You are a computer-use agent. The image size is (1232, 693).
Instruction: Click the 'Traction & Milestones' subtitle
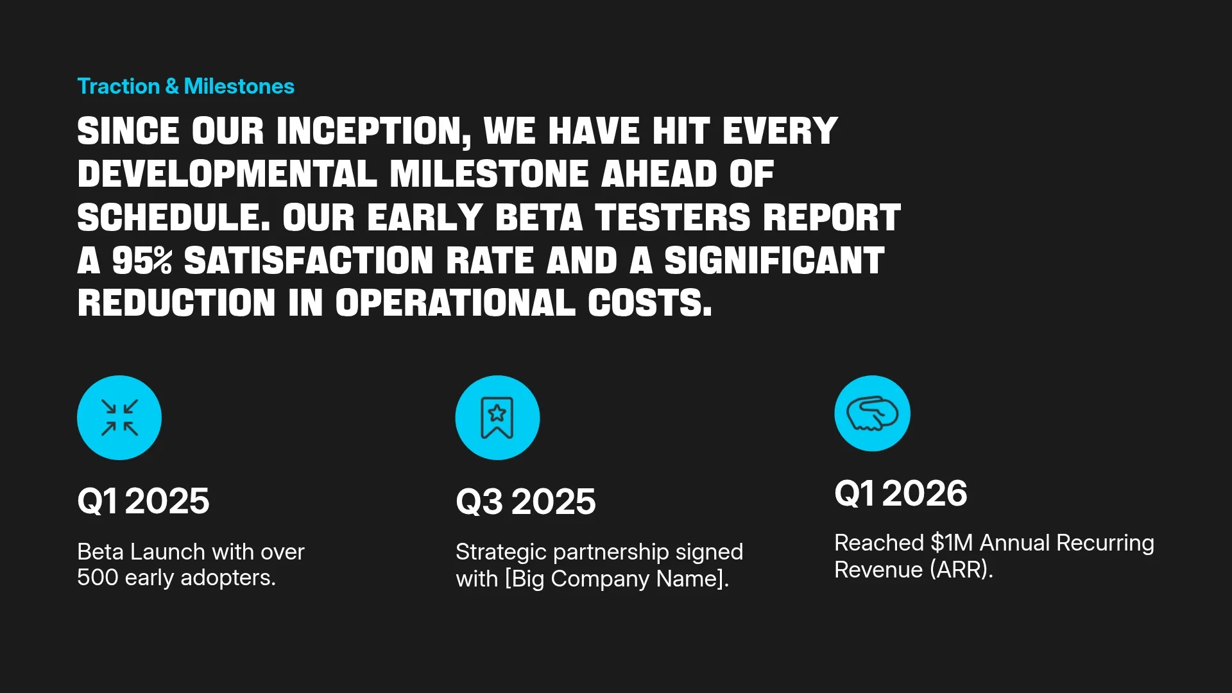[x=185, y=87]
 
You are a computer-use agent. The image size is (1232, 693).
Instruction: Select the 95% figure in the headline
[x=142, y=261]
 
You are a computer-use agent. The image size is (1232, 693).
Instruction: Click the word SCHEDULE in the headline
[x=173, y=218]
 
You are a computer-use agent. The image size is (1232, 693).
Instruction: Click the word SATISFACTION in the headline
[x=309, y=261]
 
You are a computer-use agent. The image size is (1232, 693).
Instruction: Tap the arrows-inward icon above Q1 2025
[x=119, y=418]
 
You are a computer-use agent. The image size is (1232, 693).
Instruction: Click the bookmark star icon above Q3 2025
[x=497, y=418]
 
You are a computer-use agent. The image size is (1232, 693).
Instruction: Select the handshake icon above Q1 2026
[x=872, y=414]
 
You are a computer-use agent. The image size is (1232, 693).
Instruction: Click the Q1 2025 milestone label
[x=143, y=501]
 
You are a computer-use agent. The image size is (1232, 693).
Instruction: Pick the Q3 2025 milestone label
[x=526, y=502]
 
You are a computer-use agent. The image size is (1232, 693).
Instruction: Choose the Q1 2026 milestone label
[x=900, y=493]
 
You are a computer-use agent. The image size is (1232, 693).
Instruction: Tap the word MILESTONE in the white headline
[x=489, y=174]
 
